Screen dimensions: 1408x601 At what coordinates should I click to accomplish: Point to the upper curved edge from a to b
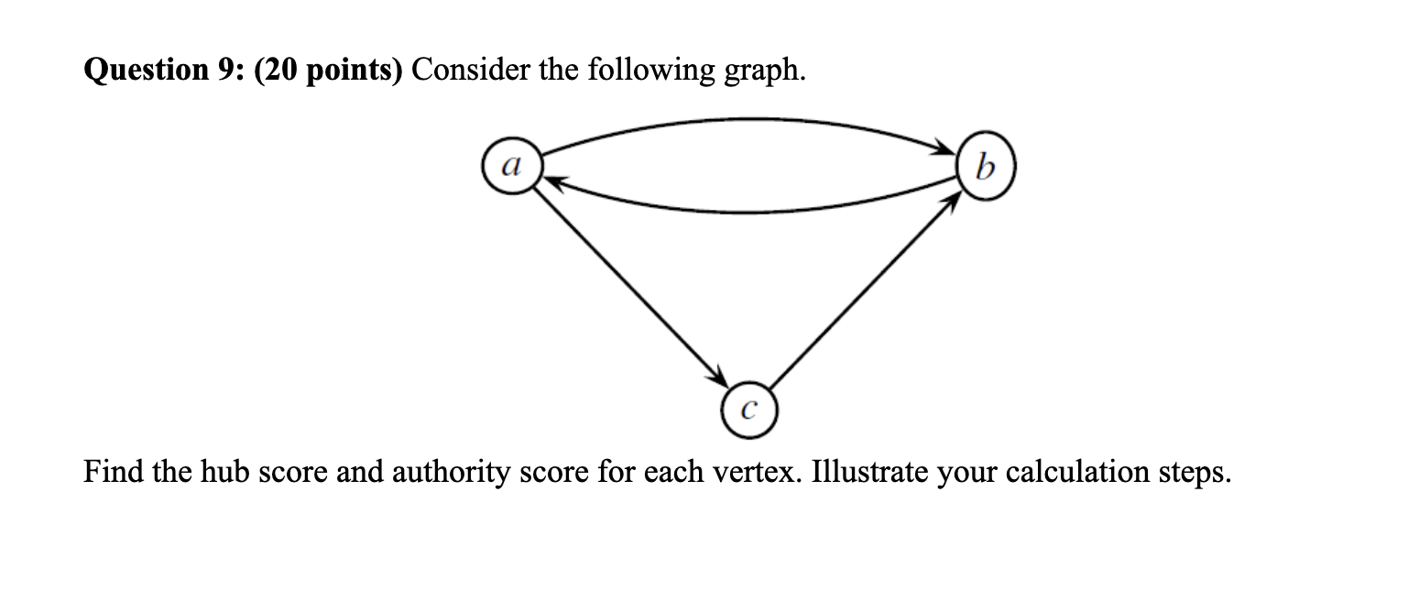click(742, 119)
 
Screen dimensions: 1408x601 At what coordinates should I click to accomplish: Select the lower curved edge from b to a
click(742, 210)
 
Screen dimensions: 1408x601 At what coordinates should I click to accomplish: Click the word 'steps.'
click(1192, 474)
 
